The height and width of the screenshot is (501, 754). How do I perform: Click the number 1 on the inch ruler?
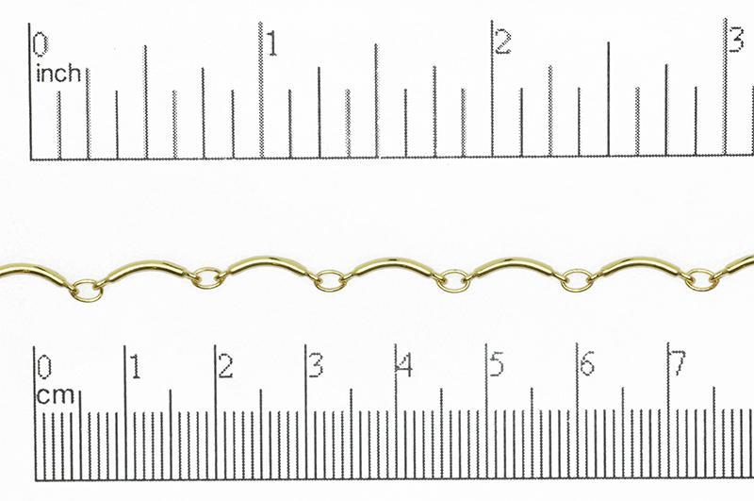[x=273, y=44]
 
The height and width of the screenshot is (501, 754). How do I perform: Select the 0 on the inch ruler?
[x=41, y=44]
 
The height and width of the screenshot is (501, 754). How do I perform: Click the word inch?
[x=58, y=73]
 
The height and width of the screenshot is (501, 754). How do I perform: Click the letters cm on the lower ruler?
[x=56, y=396]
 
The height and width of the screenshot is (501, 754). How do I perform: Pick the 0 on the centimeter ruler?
[x=43, y=366]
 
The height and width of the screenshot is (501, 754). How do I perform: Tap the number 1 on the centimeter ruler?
[x=136, y=366]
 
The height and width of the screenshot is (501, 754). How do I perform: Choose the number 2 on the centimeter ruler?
[x=225, y=366]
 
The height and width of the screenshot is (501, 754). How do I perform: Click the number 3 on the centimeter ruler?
[x=316, y=366]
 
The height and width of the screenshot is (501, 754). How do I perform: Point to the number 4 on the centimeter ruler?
[x=405, y=366]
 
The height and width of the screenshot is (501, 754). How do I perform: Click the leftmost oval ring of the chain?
[x=87, y=290]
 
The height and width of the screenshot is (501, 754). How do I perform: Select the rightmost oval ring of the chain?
[x=700, y=278]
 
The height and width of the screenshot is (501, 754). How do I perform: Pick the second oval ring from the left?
[x=208, y=278]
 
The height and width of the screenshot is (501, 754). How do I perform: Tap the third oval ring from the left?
[x=330, y=279]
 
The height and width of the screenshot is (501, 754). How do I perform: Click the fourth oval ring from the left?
[x=453, y=280]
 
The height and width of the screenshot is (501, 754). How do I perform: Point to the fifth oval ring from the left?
[x=577, y=279]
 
